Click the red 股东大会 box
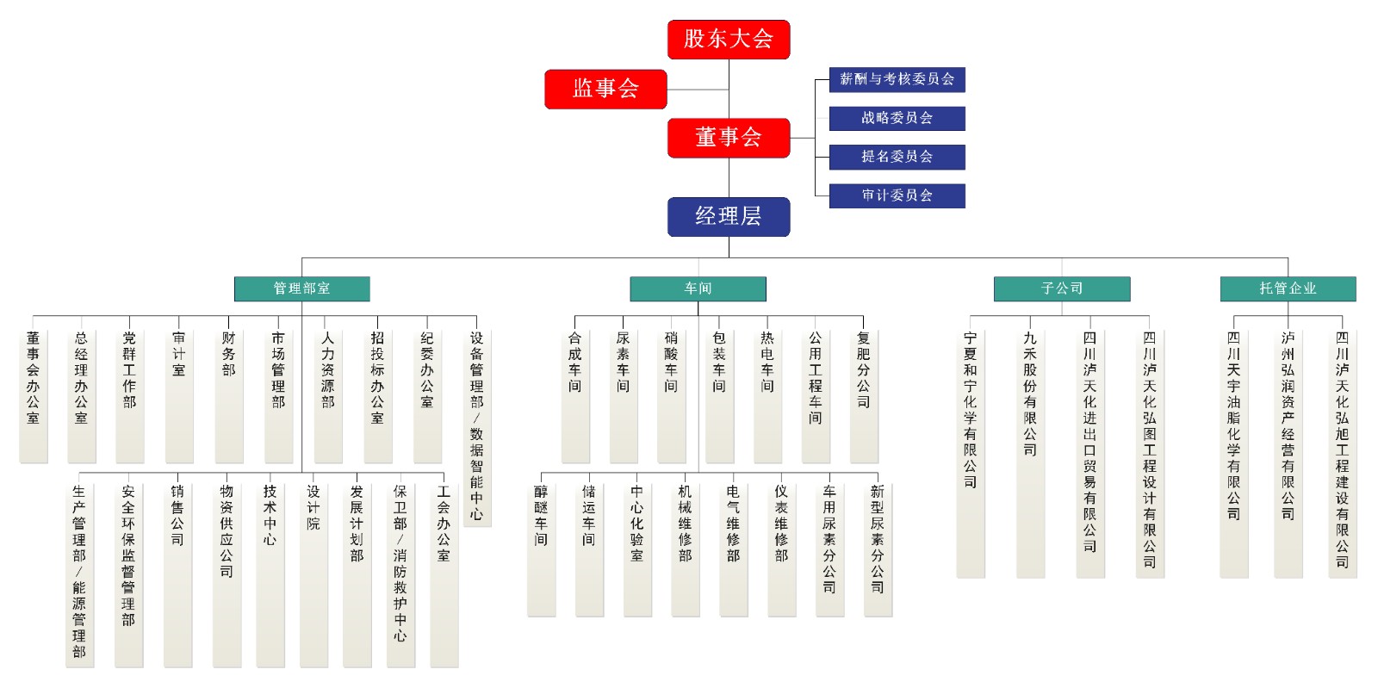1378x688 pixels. pos(729,40)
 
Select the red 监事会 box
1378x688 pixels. pos(605,90)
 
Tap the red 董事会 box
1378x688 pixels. pos(729,138)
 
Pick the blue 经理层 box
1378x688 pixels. pos(729,216)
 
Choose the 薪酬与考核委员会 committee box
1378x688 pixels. pos(897,80)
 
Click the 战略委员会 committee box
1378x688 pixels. pos(897,119)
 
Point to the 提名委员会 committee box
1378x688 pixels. pos(897,157)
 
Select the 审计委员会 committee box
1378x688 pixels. pos(897,195)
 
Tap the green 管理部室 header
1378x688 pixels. pos(302,289)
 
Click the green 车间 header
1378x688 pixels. pos(698,289)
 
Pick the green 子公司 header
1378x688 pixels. pos(1062,289)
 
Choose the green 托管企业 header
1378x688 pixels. pos(1288,289)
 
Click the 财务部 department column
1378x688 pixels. pos(229,396)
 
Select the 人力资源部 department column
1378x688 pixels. pos(328,396)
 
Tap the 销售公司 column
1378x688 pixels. pos(177,574)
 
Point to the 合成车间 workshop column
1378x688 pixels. pos(575,396)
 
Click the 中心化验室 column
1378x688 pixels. pos(637,549)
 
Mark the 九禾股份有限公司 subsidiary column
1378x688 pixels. pos(1030,454)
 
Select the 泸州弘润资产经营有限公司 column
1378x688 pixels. pos(1288,454)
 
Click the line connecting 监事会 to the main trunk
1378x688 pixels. pos(698,90)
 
